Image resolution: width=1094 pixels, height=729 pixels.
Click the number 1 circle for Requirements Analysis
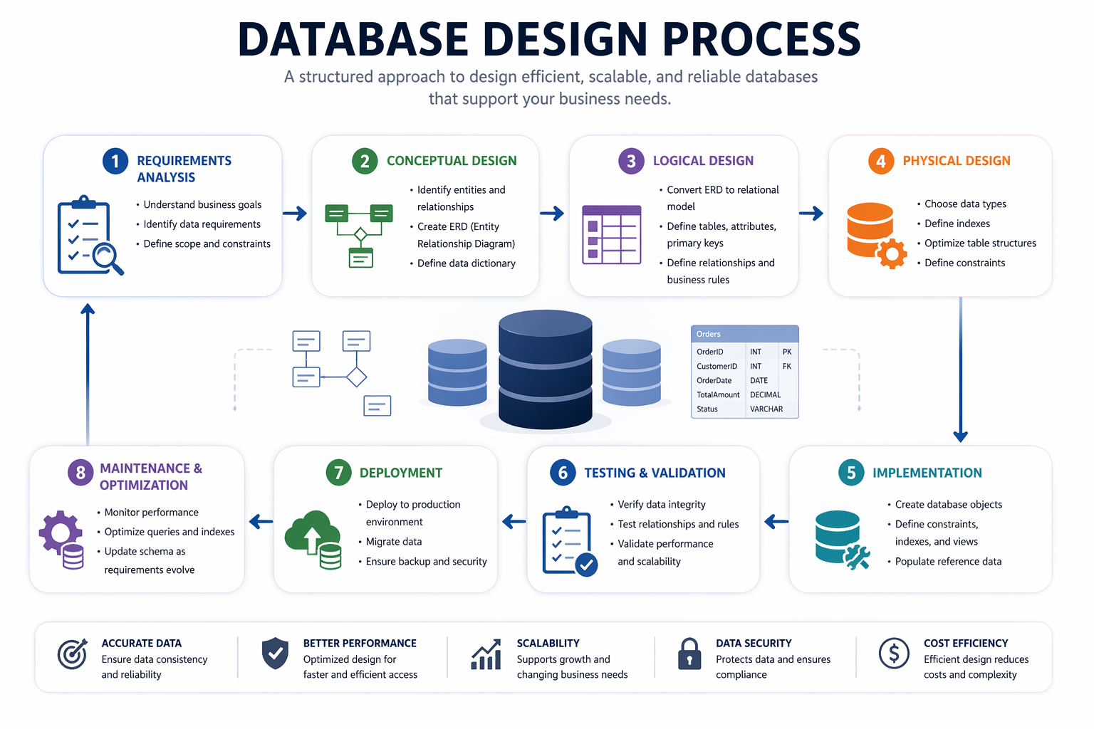[115, 161]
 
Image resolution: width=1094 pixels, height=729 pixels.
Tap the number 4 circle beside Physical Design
[881, 161]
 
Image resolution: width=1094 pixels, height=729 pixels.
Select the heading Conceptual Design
[452, 161]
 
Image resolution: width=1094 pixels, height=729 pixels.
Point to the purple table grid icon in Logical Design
[611, 235]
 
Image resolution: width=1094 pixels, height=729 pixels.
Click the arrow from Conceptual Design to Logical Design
[552, 213]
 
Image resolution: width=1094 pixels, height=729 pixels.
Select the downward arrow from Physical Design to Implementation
[960, 370]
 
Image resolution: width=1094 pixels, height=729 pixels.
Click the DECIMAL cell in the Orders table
[765, 394]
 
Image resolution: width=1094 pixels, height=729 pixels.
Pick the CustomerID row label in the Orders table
[717, 366]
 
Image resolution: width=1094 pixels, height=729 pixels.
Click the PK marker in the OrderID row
[787, 352]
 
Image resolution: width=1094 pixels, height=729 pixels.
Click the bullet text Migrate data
[394, 542]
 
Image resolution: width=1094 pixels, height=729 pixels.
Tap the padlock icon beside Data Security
[689, 654]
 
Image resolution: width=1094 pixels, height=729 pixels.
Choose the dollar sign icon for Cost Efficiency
[894, 653]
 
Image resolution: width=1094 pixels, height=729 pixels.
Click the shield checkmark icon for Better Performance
[275, 653]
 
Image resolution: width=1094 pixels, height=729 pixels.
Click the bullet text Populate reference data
[947, 562]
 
